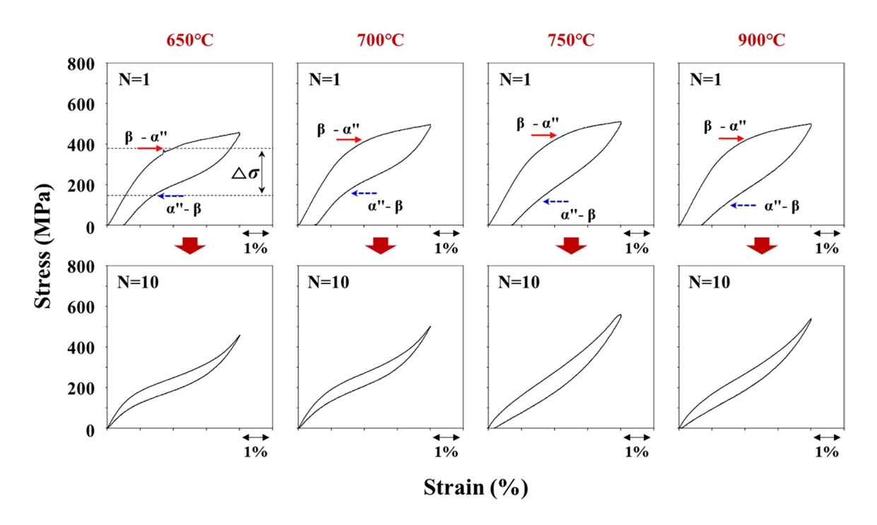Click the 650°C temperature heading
click(x=189, y=40)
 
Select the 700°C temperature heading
click(x=380, y=40)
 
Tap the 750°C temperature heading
click(x=570, y=40)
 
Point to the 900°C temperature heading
click(x=760, y=40)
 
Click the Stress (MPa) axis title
click(x=44, y=246)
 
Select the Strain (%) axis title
click(x=476, y=487)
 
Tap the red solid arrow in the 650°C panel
click(x=150, y=148)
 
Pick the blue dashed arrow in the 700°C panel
click(x=364, y=192)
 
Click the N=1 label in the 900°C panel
click(x=706, y=79)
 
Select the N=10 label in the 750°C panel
click(x=519, y=282)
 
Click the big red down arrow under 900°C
click(x=762, y=245)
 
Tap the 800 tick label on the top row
click(x=82, y=64)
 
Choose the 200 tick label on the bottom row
click(x=82, y=388)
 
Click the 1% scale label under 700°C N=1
click(x=446, y=248)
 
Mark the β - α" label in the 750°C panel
click(x=536, y=124)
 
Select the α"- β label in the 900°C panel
click(x=782, y=206)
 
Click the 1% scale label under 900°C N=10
click(x=826, y=451)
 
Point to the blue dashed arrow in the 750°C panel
click(x=555, y=202)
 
